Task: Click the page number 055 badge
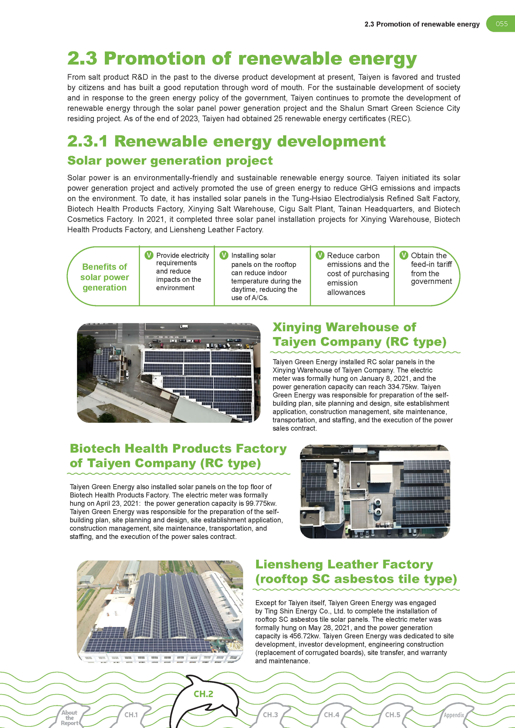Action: [x=501, y=24]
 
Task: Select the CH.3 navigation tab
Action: [x=270, y=715]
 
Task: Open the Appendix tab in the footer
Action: [x=454, y=715]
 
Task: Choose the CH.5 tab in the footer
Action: [x=393, y=715]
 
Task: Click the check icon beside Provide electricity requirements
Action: [x=149, y=255]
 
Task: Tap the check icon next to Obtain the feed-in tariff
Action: [x=404, y=255]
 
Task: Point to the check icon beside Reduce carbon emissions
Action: [x=320, y=255]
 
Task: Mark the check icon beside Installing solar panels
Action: [x=224, y=255]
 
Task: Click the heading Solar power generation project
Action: [x=170, y=161]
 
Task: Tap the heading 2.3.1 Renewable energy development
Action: [x=226, y=141]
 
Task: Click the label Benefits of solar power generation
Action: [x=104, y=277]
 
